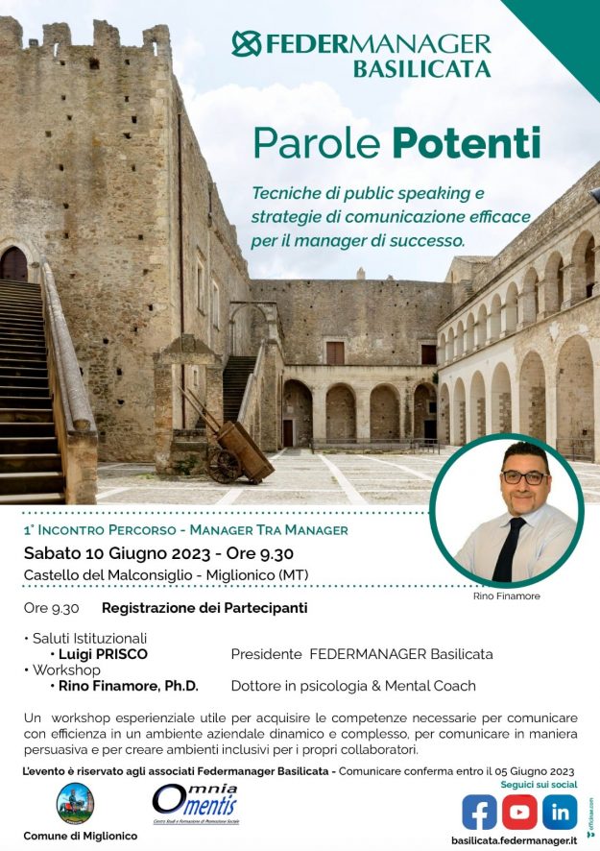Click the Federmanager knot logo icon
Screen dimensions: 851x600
click(x=247, y=44)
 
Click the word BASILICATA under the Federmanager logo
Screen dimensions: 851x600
click(x=421, y=69)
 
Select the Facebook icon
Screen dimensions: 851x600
click(x=479, y=813)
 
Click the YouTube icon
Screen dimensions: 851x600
click(x=518, y=813)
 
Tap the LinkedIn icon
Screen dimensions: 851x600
click(x=559, y=813)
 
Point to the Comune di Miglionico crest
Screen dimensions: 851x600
click(x=75, y=803)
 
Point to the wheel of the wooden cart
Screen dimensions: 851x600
click(x=224, y=465)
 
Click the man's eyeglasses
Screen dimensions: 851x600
click(x=524, y=477)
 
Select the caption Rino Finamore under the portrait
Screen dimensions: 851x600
click(x=507, y=596)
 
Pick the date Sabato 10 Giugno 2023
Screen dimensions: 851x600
click(x=112, y=553)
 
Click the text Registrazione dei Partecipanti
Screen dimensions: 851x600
click(x=204, y=608)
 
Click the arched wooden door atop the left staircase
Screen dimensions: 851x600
click(x=13, y=264)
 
